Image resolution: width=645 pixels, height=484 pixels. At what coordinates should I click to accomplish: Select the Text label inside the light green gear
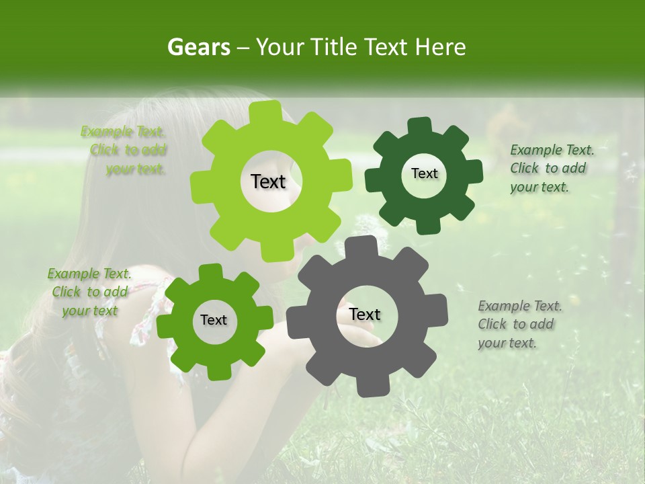click(x=268, y=182)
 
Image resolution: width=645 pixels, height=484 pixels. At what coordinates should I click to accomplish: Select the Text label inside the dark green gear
click(x=424, y=173)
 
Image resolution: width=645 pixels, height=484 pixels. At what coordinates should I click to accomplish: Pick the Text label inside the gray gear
click(x=365, y=314)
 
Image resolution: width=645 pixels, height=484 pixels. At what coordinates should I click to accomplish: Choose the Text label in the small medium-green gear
click(x=214, y=320)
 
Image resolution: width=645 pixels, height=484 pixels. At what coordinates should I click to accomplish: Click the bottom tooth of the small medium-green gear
click(x=216, y=370)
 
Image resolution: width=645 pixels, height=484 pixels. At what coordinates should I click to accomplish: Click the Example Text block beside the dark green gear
click(x=551, y=168)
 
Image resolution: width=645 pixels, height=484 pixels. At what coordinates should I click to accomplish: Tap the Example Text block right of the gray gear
click(x=519, y=324)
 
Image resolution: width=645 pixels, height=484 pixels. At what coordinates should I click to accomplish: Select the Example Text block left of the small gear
click(x=89, y=292)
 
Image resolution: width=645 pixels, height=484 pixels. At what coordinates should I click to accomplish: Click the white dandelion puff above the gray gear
click(x=370, y=229)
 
